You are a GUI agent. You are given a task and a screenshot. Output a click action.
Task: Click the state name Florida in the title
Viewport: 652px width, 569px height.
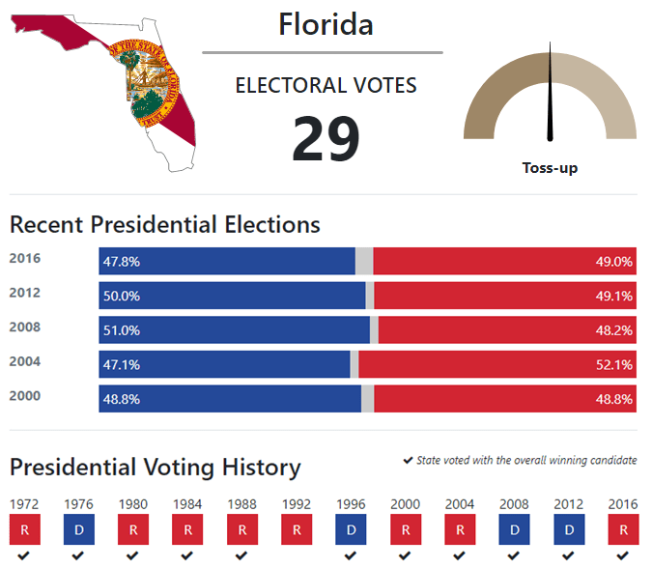coord(326,24)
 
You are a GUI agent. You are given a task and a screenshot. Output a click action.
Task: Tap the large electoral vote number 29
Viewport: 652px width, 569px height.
coord(326,139)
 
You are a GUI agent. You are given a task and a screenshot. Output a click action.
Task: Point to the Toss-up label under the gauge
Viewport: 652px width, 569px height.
coord(550,168)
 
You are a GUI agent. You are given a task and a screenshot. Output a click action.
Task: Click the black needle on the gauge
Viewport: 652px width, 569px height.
coord(551,92)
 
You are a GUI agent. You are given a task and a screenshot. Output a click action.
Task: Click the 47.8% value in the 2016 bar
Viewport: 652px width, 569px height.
coord(122,262)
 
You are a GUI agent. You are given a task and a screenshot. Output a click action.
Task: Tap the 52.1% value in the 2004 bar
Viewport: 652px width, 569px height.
coord(614,365)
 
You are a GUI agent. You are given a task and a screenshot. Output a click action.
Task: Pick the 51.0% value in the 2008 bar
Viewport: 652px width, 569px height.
coord(122,330)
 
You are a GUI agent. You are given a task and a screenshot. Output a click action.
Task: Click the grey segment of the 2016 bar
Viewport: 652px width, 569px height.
coord(364,262)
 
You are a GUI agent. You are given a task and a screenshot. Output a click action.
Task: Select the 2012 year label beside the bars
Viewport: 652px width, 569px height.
coord(24,293)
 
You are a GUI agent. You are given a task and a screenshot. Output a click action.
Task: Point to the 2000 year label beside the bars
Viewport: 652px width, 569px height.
coord(24,396)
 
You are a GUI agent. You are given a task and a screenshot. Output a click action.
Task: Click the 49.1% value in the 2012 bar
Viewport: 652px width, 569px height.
coord(614,297)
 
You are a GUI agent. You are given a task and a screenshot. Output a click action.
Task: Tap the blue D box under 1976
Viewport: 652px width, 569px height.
coord(78,529)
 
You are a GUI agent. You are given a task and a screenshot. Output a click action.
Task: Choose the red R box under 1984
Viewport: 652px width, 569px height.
coord(187,529)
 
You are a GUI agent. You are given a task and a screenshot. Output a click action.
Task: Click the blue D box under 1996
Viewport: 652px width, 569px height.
coord(351,529)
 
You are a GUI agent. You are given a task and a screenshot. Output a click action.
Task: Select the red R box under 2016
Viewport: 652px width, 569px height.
coord(623,529)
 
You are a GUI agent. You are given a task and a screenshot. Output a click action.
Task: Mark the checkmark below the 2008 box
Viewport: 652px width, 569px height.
coord(514,555)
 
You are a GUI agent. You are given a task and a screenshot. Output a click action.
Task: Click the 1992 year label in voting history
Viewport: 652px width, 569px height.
coord(297,504)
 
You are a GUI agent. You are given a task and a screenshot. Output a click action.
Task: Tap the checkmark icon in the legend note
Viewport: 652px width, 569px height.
coord(408,461)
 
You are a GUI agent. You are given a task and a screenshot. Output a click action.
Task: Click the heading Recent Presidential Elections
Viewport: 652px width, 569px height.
coord(165,225)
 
